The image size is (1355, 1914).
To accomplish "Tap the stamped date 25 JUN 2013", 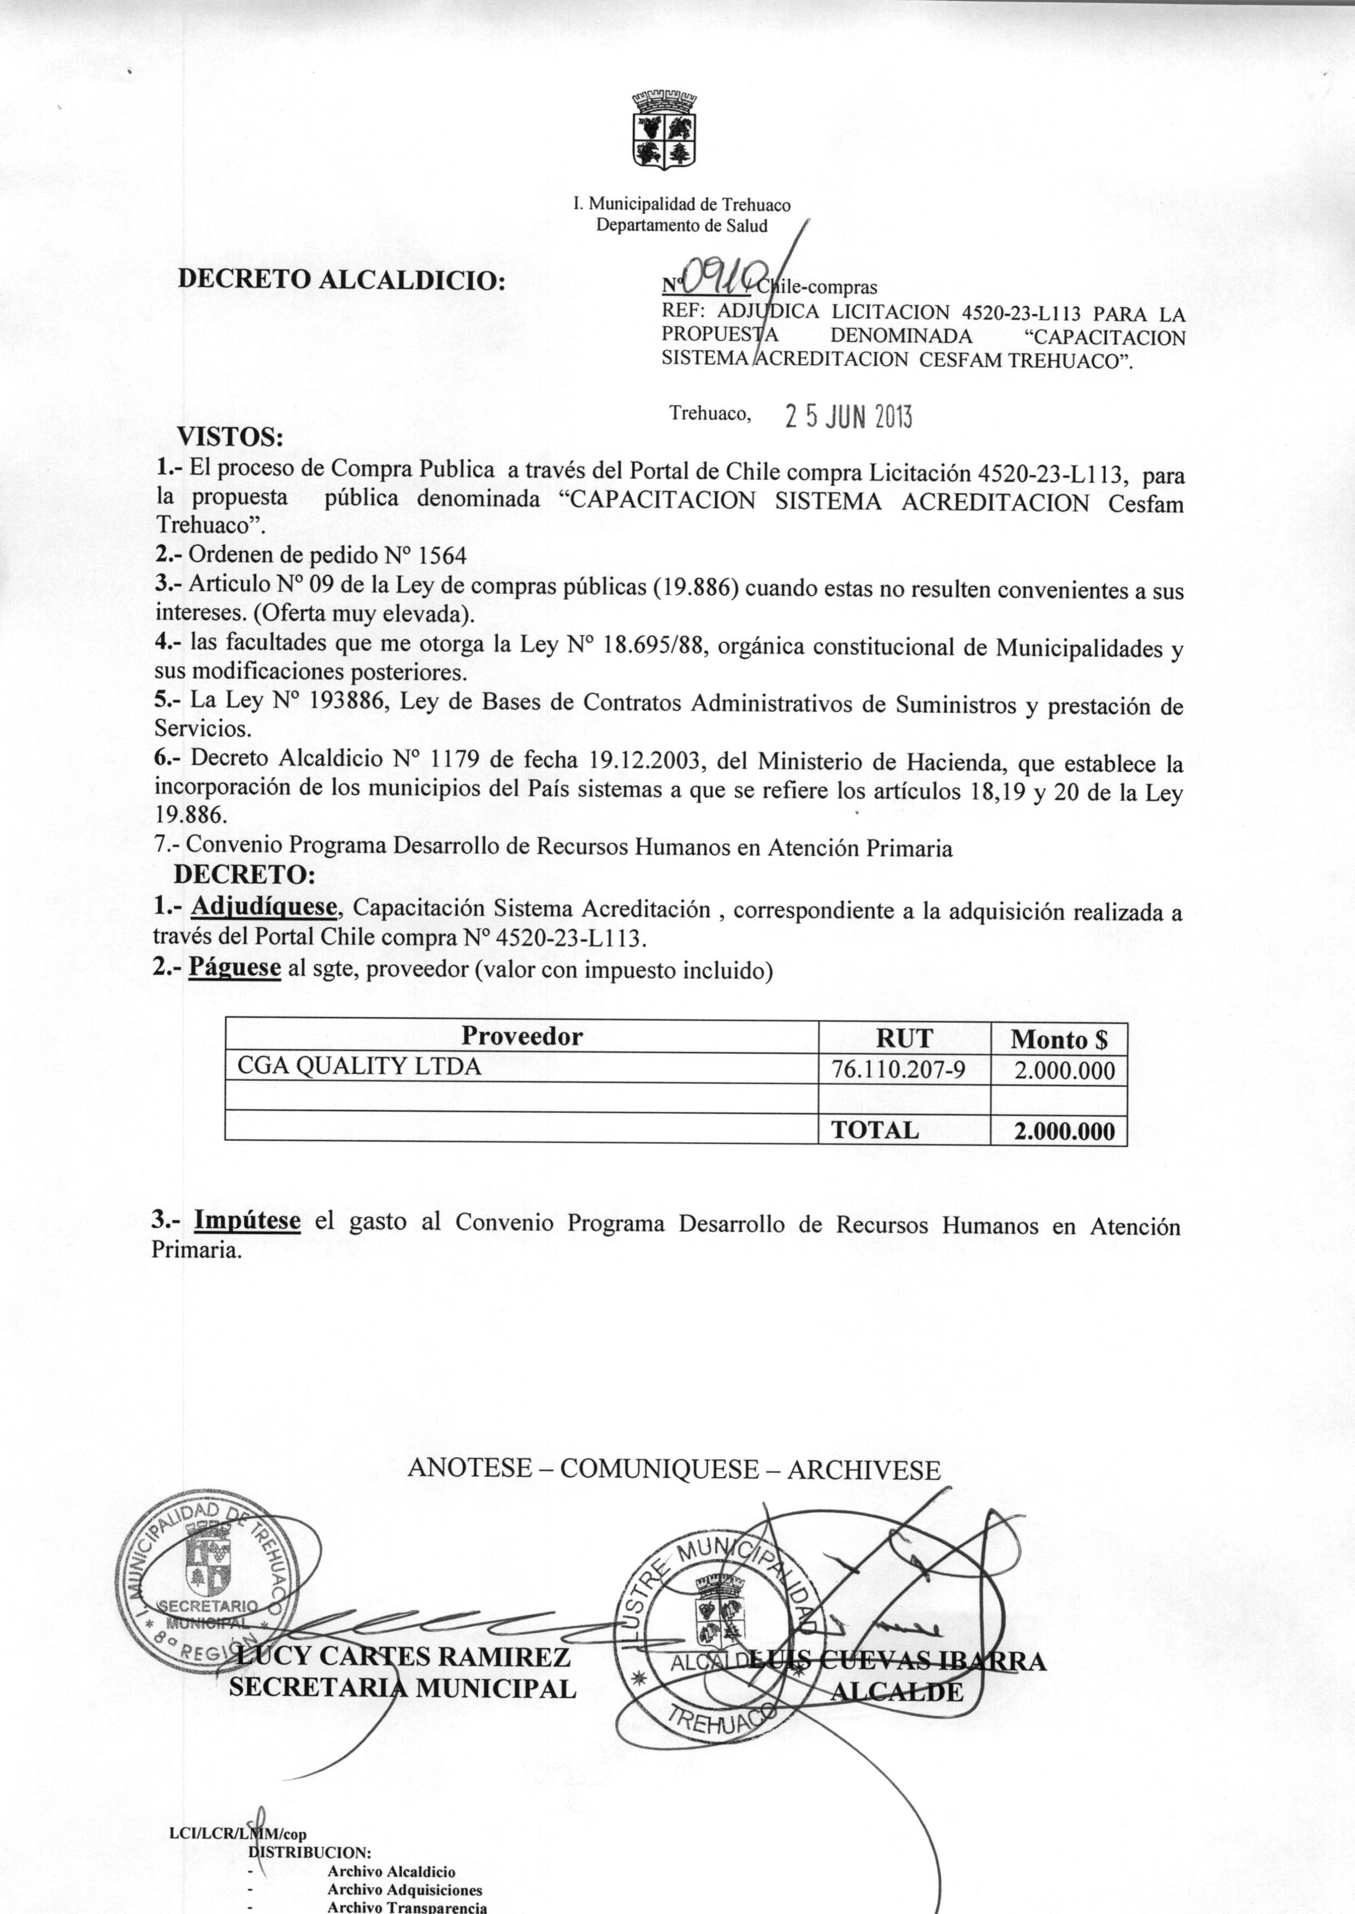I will tap(849, 417).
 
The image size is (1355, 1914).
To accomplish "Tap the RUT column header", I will tap(904, 1038).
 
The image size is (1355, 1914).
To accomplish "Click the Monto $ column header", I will tap(1059, 1039).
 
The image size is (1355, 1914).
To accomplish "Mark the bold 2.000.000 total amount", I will tap(1064, 1132).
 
